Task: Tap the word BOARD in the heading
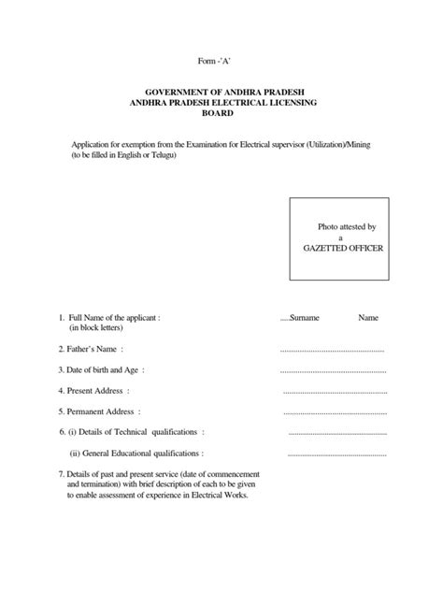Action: coord(221,114)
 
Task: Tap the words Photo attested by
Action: coord(346,226)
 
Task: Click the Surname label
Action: coord(305,318)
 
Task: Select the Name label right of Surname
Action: coord(368,318)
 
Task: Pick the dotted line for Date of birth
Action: coord(333,370)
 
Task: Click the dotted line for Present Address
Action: coord(334,391)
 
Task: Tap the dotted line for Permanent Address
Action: coord(334,411)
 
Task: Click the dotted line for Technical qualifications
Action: coord(337,433)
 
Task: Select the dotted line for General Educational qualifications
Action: coord(337,454)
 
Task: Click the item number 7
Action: coord(61,475)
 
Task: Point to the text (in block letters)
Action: coord(100,328)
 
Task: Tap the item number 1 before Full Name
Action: coord(61,318)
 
